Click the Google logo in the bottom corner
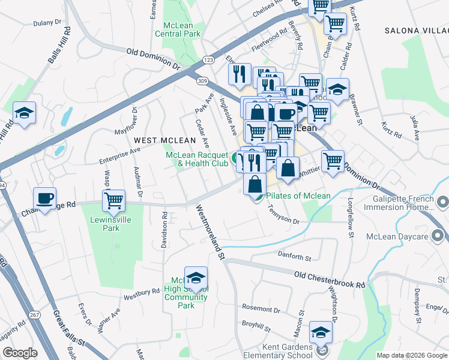point(19,353)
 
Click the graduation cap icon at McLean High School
point(196,278)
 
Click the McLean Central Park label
point(181,29)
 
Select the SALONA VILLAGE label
point(416,29)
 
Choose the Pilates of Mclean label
point(298,196)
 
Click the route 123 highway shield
point(208,60)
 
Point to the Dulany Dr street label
point(47,22)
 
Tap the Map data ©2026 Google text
point(411,355)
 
